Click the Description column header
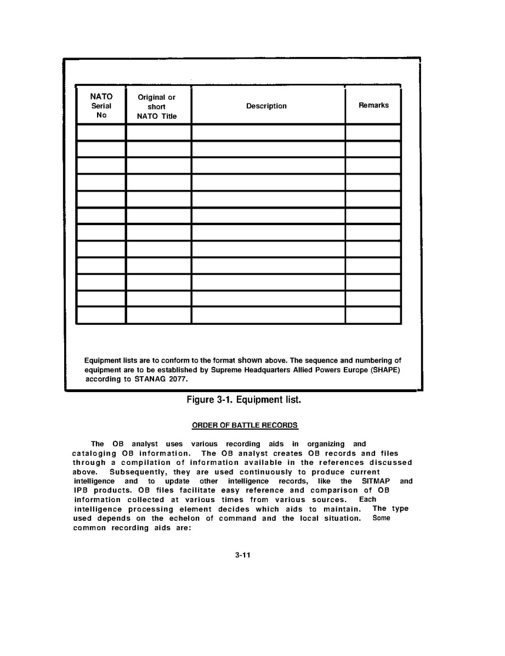tap(266, 106)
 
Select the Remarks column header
tap(373, 105)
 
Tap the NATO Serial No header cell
tap(101, 106)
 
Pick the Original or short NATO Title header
tap(156, 107)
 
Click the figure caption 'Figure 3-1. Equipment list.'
tap(244, 400)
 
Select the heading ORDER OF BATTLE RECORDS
tap(245, 425)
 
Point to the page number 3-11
tap(243, 555)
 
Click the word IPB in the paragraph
tap(82, 491)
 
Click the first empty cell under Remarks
tap(373, 133)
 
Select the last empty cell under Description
tap(268, 315)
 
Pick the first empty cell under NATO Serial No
tap(101, 133)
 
